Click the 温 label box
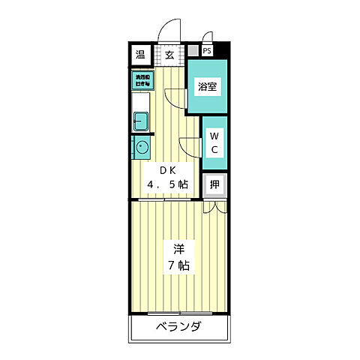[140, 55]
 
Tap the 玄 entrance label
[169, 55]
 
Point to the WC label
[213, 142]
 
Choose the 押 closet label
[214, 184]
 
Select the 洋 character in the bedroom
[179, 248]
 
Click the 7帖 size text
[178, 265]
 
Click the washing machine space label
[142, 79]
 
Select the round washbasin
[141, 145]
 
